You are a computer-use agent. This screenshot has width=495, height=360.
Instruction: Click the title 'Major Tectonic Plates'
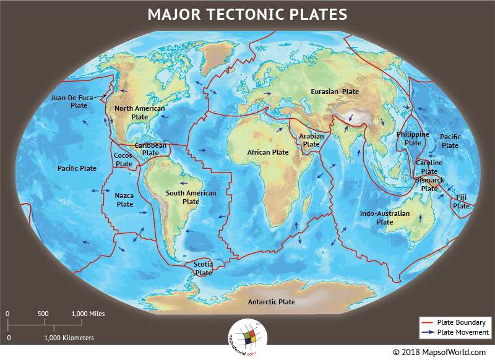(x=247, y=14)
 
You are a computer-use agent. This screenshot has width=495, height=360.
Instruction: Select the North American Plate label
(x=140, y=113)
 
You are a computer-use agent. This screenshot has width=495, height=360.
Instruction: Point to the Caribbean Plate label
(x=150, y=149)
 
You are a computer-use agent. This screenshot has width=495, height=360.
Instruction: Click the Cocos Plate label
(x=124, y=160)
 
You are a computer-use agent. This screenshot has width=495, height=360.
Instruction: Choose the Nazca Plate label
(x=125, y=200)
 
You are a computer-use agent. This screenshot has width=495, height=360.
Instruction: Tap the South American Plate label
(x=191, y=197)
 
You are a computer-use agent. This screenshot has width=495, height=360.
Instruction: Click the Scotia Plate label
(x=203, y=268)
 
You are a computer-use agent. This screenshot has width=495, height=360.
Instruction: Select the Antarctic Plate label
(x=271, y=302)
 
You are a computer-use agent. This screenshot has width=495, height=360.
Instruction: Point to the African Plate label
(x=268, y=152)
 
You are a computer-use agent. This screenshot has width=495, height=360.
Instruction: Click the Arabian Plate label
(x=311, y=140)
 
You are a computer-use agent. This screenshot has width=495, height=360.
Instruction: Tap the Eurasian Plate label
(x=334, y=92)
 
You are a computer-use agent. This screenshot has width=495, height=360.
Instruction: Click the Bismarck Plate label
(x=429, y=184)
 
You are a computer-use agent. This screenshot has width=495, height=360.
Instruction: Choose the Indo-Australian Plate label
(x=385, y=218)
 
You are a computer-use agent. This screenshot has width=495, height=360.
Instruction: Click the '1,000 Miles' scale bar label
(x=88, y=314)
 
